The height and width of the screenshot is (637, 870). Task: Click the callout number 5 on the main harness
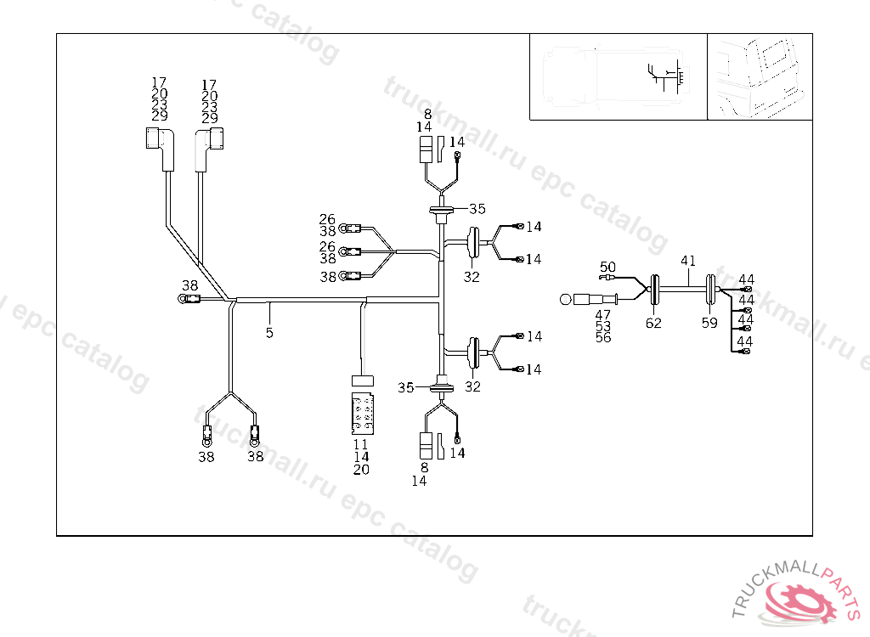269,333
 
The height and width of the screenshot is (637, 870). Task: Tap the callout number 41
688,262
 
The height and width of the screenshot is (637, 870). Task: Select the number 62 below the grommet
653,323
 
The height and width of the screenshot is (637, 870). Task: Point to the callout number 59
710,323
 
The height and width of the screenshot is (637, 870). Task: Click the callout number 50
607,267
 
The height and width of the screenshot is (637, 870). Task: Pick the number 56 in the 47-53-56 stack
603,337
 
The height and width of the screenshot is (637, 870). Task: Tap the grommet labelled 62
655,290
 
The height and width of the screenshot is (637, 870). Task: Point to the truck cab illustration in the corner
759,76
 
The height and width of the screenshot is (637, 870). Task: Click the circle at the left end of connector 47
566,299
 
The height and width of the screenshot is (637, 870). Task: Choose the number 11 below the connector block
361,444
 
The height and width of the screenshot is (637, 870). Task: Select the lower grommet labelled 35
441,387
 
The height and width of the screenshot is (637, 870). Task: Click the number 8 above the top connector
427,114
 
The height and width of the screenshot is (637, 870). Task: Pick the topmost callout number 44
746,279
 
